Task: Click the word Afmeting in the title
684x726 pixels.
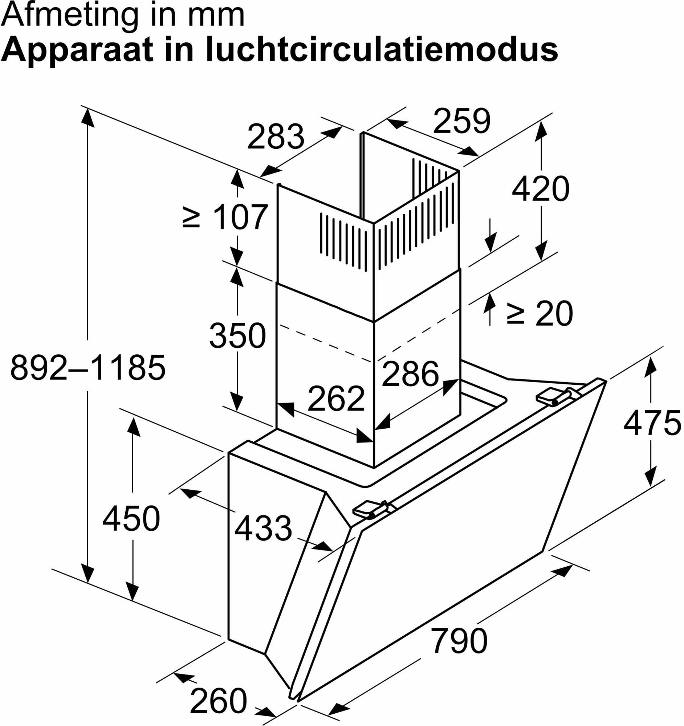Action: pos(71,16)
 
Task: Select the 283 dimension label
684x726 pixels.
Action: pos(276,136)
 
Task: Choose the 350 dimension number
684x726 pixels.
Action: pos(237,335)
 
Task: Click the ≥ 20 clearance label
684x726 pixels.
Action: pos(540,314)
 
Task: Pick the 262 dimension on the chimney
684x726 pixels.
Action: pos(336,399)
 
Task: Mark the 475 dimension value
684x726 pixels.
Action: pos(652,424)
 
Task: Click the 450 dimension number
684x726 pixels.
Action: pos(131,519)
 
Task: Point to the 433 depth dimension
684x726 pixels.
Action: pos(263,528)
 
